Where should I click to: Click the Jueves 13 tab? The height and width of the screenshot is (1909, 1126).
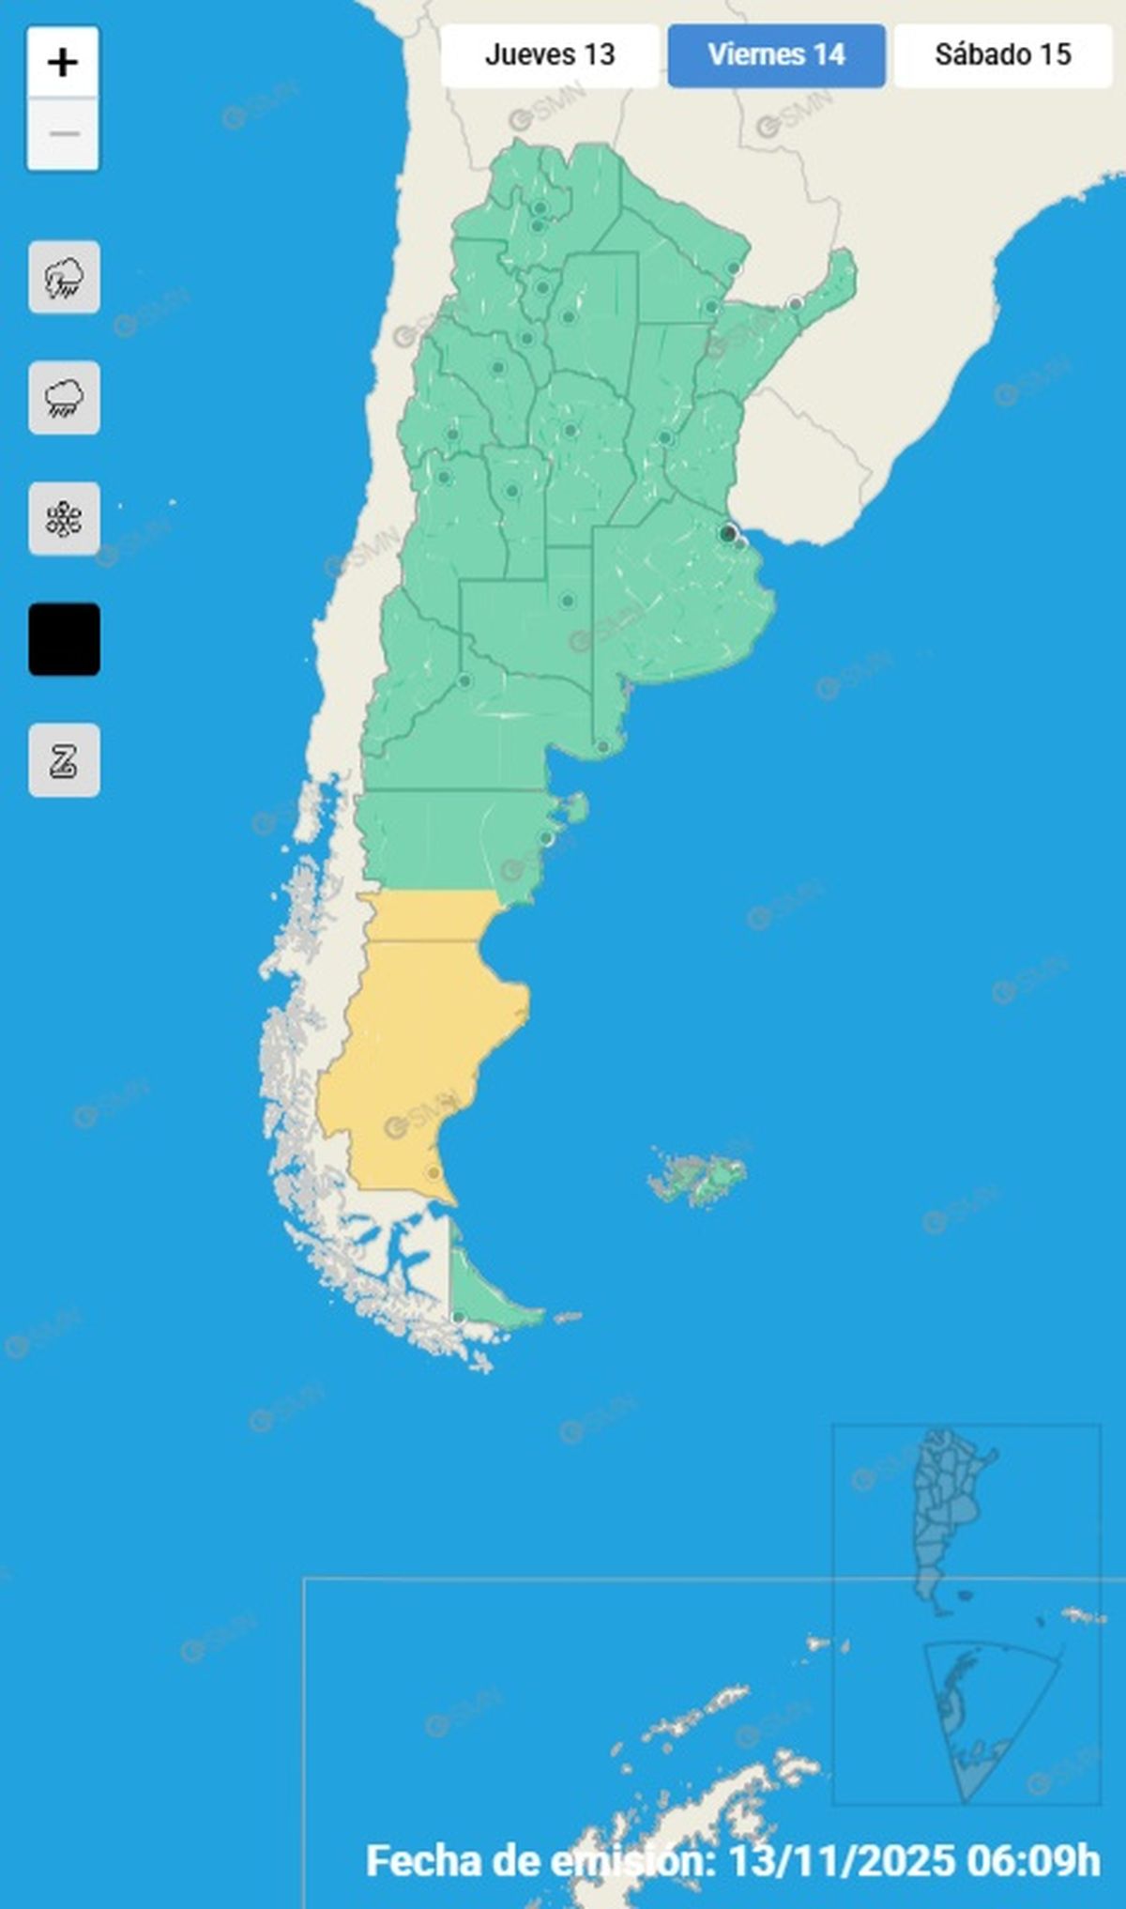pyautogui.click(x=550, y=55)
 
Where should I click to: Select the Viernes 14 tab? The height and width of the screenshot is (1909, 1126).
pyautogui.click(x=776, y=55)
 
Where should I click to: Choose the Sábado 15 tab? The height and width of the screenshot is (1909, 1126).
pyautogui.click(x=1002, y=55)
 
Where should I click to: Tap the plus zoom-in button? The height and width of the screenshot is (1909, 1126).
pyautogui.click(x=63, y=63)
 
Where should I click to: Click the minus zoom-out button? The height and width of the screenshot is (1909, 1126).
pyautogui.click(x=63, y=134)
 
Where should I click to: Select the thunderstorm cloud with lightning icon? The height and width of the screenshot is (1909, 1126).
pyautogui.click(x=64, y=278)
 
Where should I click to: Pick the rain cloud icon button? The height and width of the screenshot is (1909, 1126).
pyautogui.click(x=64, y=398)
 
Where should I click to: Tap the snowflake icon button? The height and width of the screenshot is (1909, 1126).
pyautogui.click(x=64, y=519)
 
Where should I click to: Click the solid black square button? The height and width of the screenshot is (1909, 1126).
pyautogui.click(x=64, y=639)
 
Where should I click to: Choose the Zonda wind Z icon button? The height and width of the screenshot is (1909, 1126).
pyautogui.click(x=64, y=760)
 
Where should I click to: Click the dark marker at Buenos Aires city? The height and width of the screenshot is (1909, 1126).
pyautogui.click(x=727, y=534)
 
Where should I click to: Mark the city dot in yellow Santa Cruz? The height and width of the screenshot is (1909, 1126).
pyautogui.click(x=433, y=1173)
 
